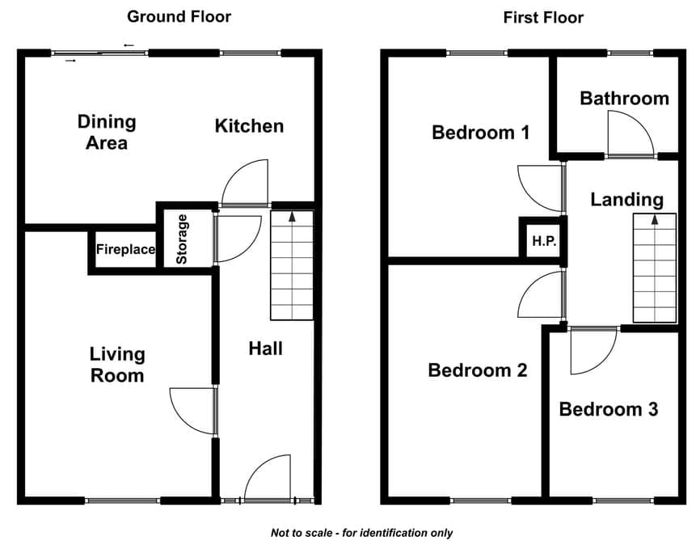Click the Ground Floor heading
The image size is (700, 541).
[x=179, y=17]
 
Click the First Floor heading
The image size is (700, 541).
[x=543, y=18]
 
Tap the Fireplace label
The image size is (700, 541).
[x=125, y=249]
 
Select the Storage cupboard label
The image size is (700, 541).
[x=182, y=239]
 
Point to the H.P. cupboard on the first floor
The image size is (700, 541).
[x=544, y=241]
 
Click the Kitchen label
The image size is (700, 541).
[x=249, y=126]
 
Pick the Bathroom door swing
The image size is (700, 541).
[x=630, y=133]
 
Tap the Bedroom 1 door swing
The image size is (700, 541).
[x=540, y=188]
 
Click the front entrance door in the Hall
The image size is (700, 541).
[x=268, y=478]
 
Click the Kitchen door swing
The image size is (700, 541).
[x=245, y=182]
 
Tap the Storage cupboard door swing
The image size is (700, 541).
[x=238, y=239]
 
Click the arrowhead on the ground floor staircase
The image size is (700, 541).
[x=292, y=217]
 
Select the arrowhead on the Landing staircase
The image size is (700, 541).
[x=655, y=219]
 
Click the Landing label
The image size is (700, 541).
[x=626, y=200]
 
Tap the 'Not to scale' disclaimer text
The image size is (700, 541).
[x=361, y=533]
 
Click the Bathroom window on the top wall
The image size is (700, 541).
[x=630, y=53]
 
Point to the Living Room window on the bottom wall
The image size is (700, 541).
[x=123, y=501]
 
